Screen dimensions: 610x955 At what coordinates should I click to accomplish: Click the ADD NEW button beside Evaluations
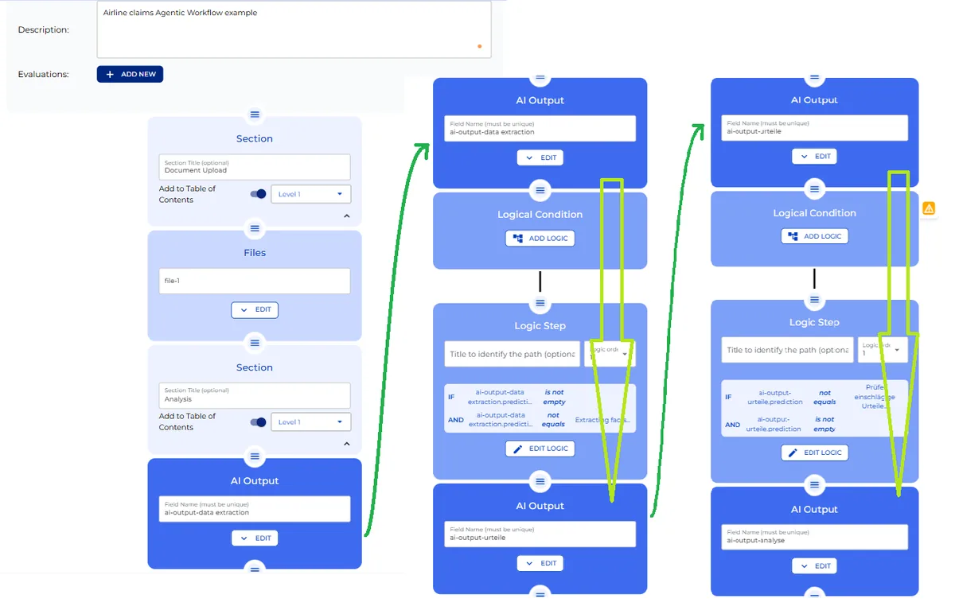(130, 74)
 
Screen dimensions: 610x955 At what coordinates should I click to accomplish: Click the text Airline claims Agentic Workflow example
(181, 13)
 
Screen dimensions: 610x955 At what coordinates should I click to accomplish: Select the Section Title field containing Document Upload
(254, 167)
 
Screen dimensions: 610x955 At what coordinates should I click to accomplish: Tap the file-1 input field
(254, 281)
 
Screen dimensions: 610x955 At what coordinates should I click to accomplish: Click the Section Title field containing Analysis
(254, 395)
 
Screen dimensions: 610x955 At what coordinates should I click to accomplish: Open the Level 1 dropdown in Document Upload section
(310, 194)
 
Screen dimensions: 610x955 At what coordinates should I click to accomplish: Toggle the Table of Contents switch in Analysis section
(258, 422)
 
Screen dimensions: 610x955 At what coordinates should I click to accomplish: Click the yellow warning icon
(929, 208)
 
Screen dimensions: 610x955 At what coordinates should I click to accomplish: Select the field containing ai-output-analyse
(814, 537)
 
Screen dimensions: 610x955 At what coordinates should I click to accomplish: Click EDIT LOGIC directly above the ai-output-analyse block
(814, 453)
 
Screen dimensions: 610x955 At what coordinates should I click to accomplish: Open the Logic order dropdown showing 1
(882, 350)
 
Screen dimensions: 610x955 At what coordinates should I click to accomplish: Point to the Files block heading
(255, 253)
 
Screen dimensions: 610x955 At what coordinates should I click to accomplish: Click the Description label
(43, 29)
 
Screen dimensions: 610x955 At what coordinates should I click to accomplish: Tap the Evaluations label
(43, 74)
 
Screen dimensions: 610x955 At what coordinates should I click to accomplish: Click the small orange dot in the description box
(479, 46)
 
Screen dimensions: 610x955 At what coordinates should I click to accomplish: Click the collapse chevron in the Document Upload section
(346, 216)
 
